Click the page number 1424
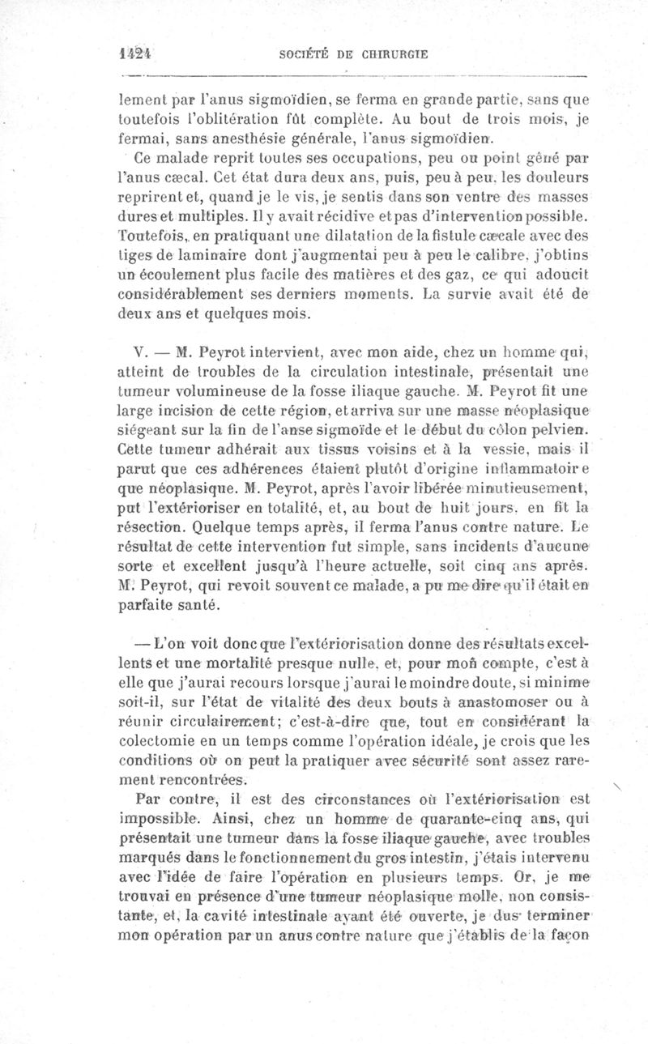(135, 53)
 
